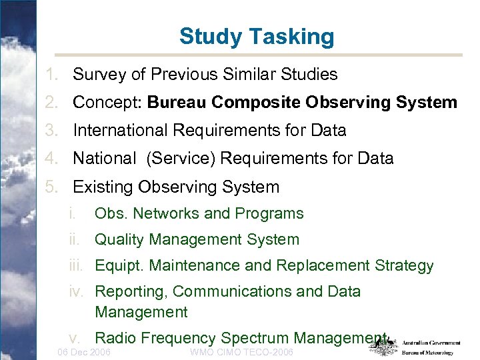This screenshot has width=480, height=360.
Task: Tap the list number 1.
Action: [x=51, y=75]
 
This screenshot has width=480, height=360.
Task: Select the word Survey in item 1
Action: [x=98, y=75]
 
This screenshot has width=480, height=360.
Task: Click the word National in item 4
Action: [x=103, y=159]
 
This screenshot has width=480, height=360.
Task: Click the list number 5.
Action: [x=51, y=187]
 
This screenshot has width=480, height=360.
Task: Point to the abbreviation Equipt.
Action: [x=119, y=266]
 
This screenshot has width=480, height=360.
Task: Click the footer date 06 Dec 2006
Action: [x=85, y=352]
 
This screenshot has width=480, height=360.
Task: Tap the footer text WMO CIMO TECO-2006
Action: [x=241, y=352]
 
